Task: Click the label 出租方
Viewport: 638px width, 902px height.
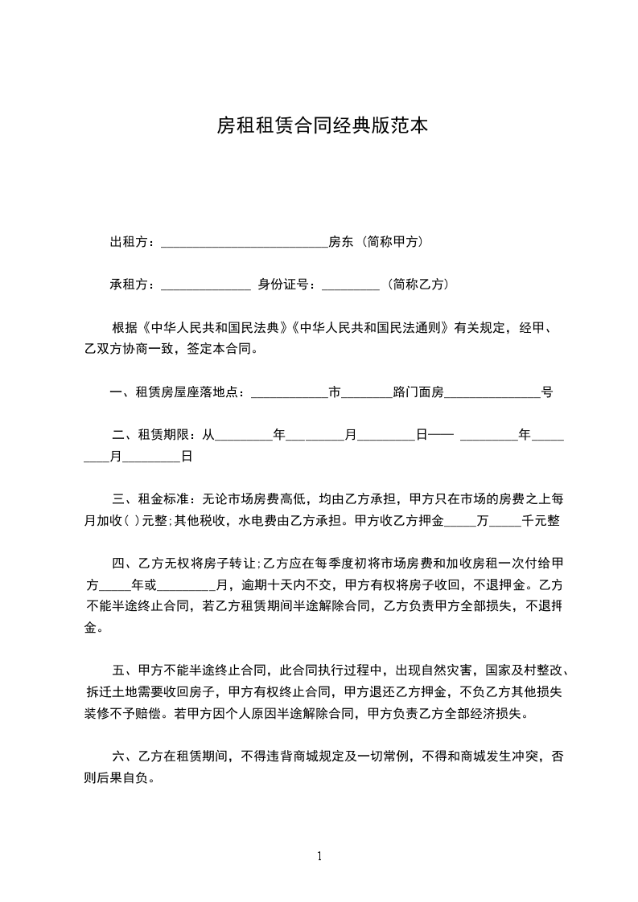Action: [131, 242]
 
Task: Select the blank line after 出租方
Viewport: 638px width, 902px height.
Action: [245, 244]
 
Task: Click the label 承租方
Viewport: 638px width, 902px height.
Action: [131, 285]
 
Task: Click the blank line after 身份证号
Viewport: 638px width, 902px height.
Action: [350, 287]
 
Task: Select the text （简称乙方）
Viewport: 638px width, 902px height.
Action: [418, 285]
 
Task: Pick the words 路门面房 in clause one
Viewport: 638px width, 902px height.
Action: [418, 393]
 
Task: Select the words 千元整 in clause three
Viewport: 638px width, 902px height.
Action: [541, 520]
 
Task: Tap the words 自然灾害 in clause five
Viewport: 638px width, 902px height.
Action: [445, 669]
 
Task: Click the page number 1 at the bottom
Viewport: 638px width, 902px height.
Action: [319, 856]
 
